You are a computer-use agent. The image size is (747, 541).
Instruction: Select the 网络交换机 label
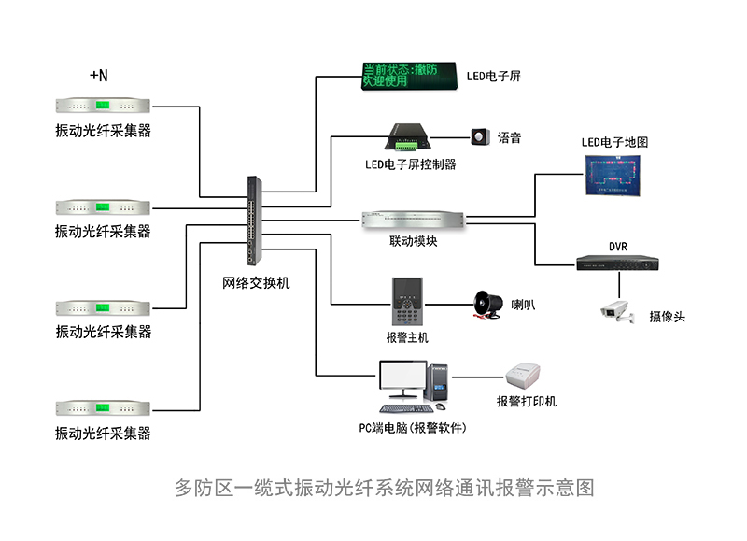coord(256,282)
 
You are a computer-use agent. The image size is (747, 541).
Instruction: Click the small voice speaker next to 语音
coord(481,137)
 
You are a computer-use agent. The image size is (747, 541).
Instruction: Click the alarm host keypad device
coord(408,301)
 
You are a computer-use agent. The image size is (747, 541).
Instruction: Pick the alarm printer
coord(526,377)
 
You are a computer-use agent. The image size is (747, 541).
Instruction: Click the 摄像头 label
coord(667,317)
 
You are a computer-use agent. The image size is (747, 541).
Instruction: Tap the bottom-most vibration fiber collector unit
coord(103,407)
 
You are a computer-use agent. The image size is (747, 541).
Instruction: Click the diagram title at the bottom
coord(384,487)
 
